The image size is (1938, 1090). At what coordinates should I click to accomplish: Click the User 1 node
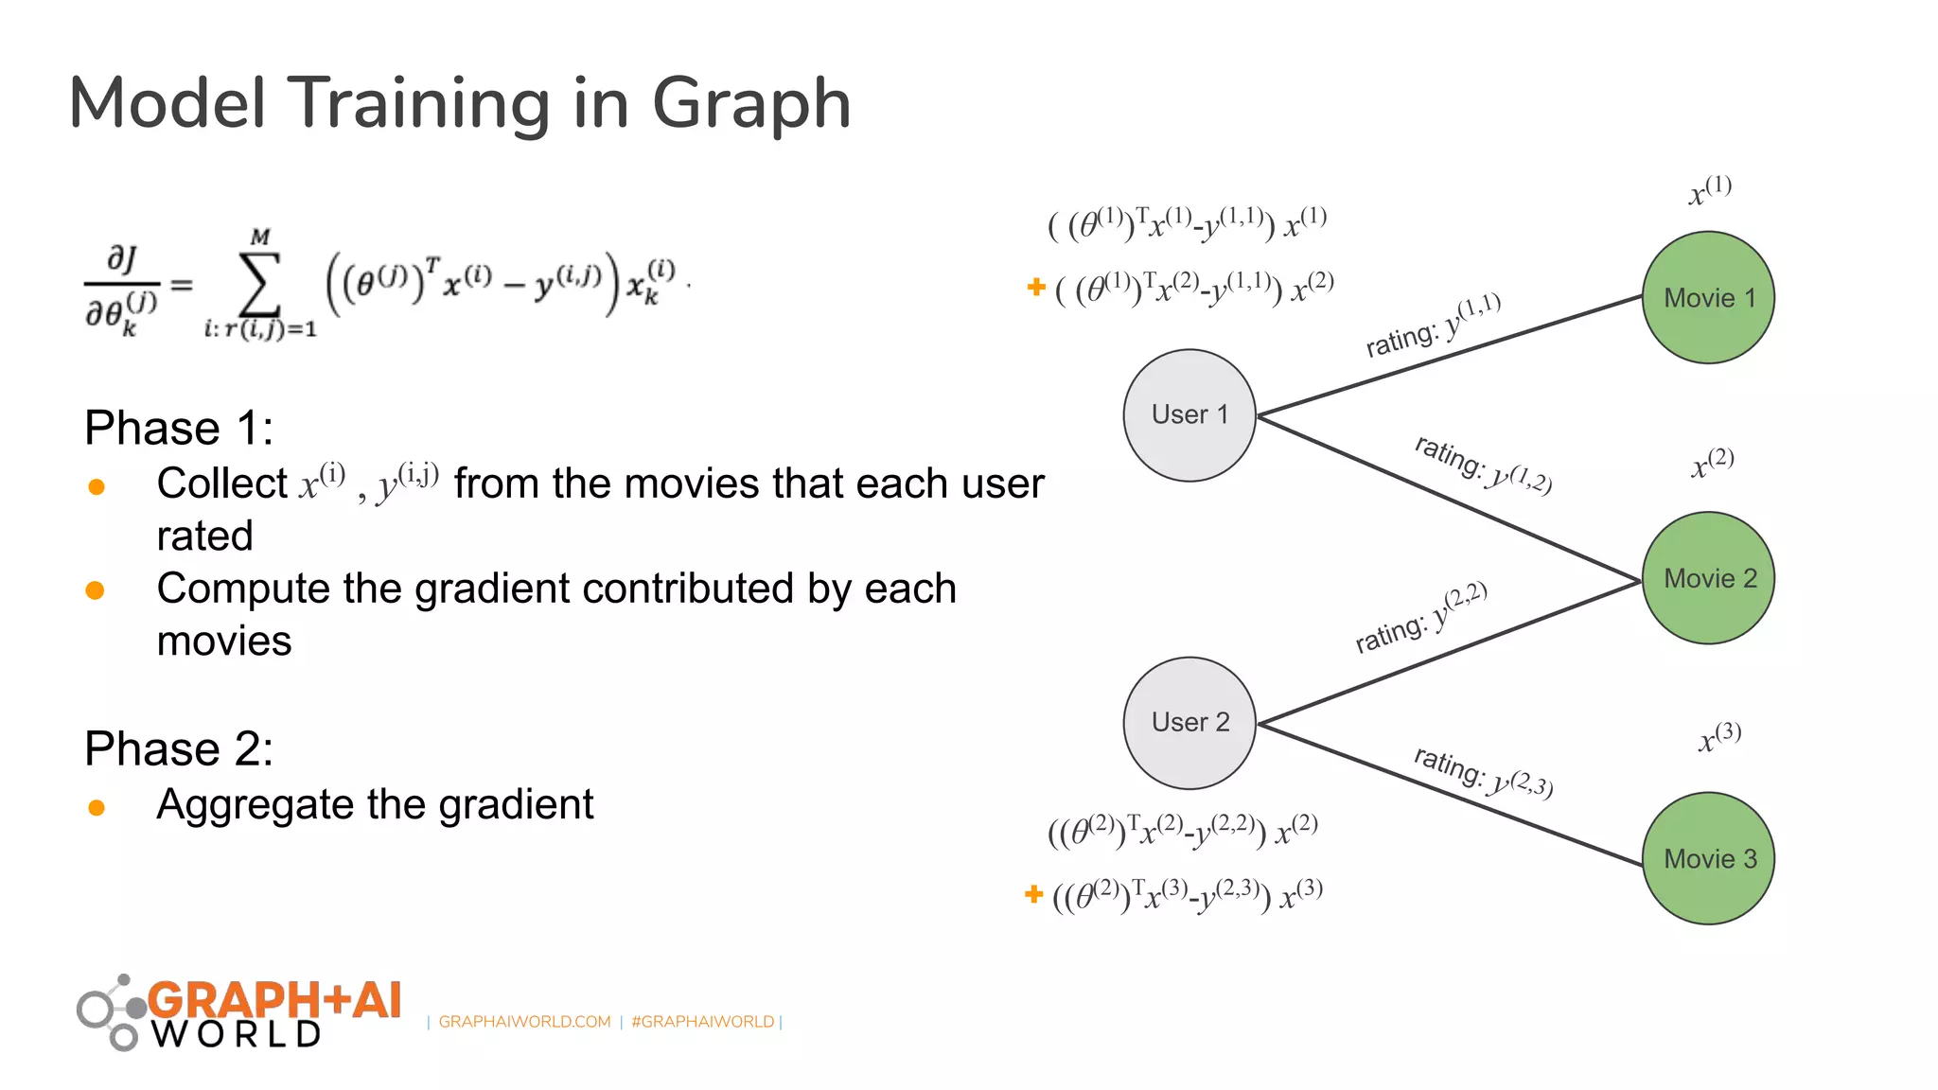[1189, 415]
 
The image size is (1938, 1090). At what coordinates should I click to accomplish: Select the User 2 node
[1189, 723]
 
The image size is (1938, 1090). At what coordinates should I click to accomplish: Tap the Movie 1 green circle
[1708, 297]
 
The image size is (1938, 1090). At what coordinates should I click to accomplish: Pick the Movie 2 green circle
[1708, 578]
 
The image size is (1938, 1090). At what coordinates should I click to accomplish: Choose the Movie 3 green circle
[1708, 858]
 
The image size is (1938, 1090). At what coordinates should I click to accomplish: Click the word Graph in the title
[751, 104]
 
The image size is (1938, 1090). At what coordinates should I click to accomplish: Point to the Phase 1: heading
[179, 428]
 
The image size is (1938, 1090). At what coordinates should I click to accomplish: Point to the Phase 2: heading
[179, 748]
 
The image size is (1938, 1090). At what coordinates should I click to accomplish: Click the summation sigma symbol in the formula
[260, 283]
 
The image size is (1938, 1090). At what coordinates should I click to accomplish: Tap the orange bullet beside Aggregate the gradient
[96, 807]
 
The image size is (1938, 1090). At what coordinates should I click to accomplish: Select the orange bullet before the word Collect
[96, 486]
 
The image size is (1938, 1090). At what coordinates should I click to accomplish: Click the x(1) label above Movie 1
[1710, 189]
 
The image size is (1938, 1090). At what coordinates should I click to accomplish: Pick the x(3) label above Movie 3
[1718, 736]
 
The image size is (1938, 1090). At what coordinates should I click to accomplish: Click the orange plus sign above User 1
[1036, 286]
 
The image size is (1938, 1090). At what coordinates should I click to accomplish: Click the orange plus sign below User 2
[1033, 893]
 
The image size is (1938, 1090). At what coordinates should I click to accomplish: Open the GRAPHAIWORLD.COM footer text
[524, 1022]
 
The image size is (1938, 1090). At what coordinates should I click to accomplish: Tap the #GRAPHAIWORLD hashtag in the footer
[702, 1022]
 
